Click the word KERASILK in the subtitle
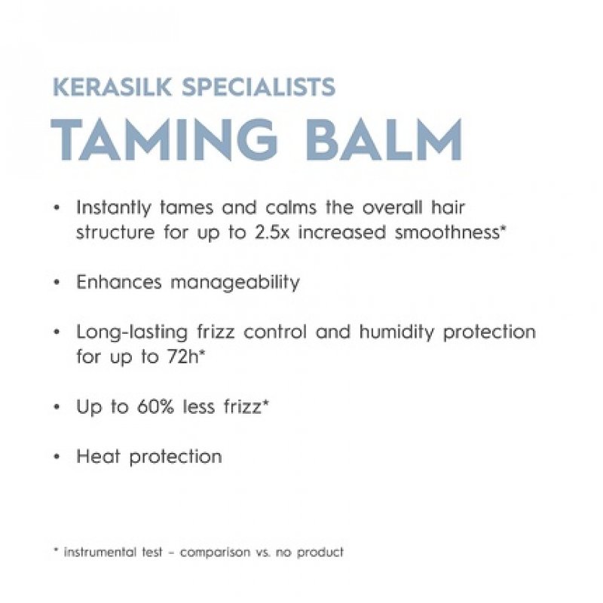click(100, 87)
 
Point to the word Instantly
click(111, 207)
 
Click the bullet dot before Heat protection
click(57, 457)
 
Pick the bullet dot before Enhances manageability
click(57, 283)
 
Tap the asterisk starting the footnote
click(57, 551)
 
